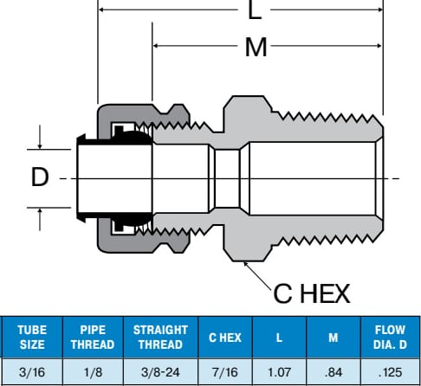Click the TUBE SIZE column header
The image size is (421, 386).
click(x=32, y=338)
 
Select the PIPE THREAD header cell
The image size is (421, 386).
click(x=93, y=338)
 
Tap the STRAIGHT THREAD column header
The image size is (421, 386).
click(x=160, y=338)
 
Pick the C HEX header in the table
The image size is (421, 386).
click(x=225, y=338)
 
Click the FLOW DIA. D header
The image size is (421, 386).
click(x=390, y=338)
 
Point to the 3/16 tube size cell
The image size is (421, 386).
click(x=32, y=372)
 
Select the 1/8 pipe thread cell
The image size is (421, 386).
click(x=93, y=372)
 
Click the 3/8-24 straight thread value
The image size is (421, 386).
click(x=160, y=372)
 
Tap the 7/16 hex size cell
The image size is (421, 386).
click(x=225, y=372)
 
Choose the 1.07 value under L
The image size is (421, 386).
click(x=279, y=372)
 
